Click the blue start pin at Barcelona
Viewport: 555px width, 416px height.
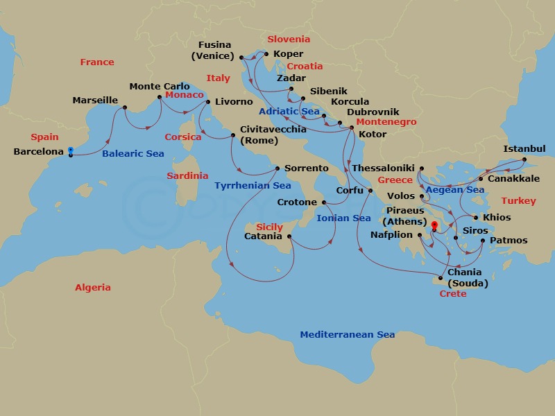pos(70,152)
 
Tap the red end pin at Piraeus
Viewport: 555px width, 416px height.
pos(434,225)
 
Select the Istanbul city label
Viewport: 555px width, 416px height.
pos(524,149)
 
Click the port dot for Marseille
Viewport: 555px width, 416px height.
pos(125,107)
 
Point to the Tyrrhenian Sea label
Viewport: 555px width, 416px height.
pos(253,186)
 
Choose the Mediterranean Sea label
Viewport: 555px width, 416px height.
pos(347,335)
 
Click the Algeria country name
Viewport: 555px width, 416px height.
pos(93,287)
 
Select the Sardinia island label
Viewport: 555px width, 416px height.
pos(187,176)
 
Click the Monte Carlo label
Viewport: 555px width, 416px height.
pos(160,87)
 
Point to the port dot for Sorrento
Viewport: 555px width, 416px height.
pos(277,168)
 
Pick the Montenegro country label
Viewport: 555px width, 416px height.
pos(386,122)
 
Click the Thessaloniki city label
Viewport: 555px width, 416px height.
pos(383,168)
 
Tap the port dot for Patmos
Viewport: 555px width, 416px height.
pos(483,241)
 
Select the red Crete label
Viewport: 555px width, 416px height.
pos(453,294)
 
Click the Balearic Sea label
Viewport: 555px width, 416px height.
pos(133,154)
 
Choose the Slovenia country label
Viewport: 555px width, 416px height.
pos(289,40)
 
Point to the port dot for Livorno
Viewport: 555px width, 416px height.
pos(208,102)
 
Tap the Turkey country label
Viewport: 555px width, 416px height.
pos(518,201)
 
